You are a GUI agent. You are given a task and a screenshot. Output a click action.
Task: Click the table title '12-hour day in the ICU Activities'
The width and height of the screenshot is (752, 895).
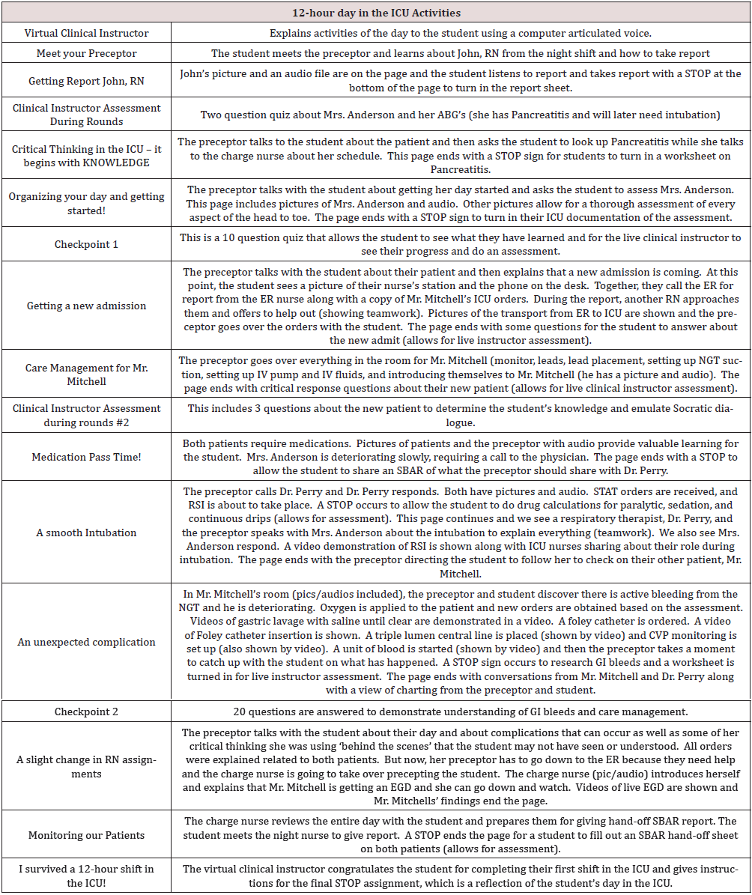[x=376, y=13]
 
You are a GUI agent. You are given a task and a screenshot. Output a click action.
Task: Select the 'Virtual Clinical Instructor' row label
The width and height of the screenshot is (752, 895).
[x=87, y=33]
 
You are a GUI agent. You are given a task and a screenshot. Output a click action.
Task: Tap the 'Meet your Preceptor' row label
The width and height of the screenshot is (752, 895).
[x=87, y=53]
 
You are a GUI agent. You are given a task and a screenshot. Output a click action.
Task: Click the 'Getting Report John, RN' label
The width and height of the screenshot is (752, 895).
[x=87, y=81]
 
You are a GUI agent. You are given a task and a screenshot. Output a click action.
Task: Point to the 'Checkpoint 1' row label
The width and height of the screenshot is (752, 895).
[x=87, y=244]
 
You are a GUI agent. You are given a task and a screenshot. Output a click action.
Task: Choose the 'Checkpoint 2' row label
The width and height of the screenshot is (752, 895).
[x=87, y=711]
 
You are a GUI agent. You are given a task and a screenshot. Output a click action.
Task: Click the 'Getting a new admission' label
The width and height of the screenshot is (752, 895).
[x=87, y=306]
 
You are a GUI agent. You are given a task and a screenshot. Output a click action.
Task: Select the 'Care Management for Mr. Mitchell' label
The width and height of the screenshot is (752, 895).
[x=87, y=374]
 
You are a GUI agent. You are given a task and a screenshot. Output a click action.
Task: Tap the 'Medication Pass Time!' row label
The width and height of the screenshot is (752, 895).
[x=87, y=457]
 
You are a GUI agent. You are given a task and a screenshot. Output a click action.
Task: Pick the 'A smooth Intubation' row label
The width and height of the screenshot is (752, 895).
[x=87, y=533]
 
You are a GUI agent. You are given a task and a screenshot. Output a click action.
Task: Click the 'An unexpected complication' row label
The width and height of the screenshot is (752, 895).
[x=87, y=642]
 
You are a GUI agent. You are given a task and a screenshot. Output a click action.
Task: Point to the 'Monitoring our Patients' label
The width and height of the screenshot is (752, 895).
[x=87, y=835]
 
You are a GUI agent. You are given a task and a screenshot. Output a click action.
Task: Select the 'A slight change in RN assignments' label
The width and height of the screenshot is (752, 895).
[x=87, y=766]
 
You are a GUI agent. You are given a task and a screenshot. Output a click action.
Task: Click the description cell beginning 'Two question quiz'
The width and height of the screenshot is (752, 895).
[x=460, y=115]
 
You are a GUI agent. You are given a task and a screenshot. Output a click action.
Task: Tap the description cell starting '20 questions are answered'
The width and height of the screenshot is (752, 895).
[x=460, y=711]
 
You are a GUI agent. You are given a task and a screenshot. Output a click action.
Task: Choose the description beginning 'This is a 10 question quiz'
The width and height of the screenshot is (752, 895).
[x=460, y=244]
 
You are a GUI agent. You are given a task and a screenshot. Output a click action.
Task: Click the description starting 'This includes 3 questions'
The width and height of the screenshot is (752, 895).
[x=460, y=416]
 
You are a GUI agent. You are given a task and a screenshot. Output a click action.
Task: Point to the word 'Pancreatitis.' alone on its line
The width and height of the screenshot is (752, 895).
[x=460, y=171]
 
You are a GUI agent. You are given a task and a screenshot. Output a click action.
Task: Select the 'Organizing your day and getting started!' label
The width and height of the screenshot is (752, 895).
[x=87, y=204]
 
